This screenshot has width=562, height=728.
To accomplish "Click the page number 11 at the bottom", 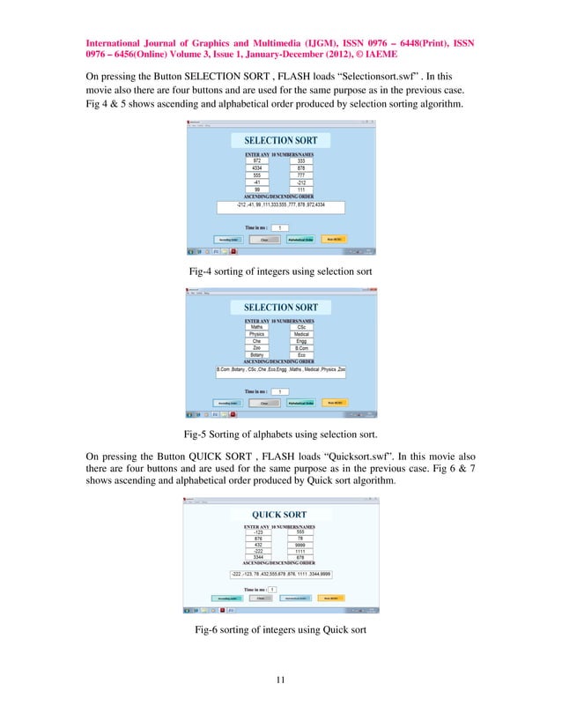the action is point(280,680).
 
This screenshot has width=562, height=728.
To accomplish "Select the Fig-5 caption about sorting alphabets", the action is point(280,434).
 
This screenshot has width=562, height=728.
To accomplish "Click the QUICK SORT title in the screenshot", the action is point(279,515).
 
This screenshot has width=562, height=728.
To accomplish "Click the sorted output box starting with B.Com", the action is point(280,371).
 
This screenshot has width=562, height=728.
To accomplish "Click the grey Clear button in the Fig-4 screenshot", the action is point(263,239).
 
